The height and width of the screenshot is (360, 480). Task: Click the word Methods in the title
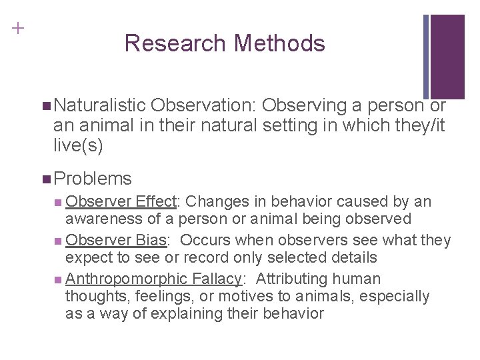tap(279, 43)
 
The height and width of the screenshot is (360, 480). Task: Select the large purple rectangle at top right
tap(447, 57)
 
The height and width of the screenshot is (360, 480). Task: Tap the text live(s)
tap(78, 145)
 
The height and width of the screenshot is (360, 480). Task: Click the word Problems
tap(93, 178)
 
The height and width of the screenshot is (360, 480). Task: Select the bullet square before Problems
tap(45, 179)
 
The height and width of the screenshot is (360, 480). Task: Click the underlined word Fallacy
tap(223, 279)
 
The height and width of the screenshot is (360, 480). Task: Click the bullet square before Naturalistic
tap(45, 106)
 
